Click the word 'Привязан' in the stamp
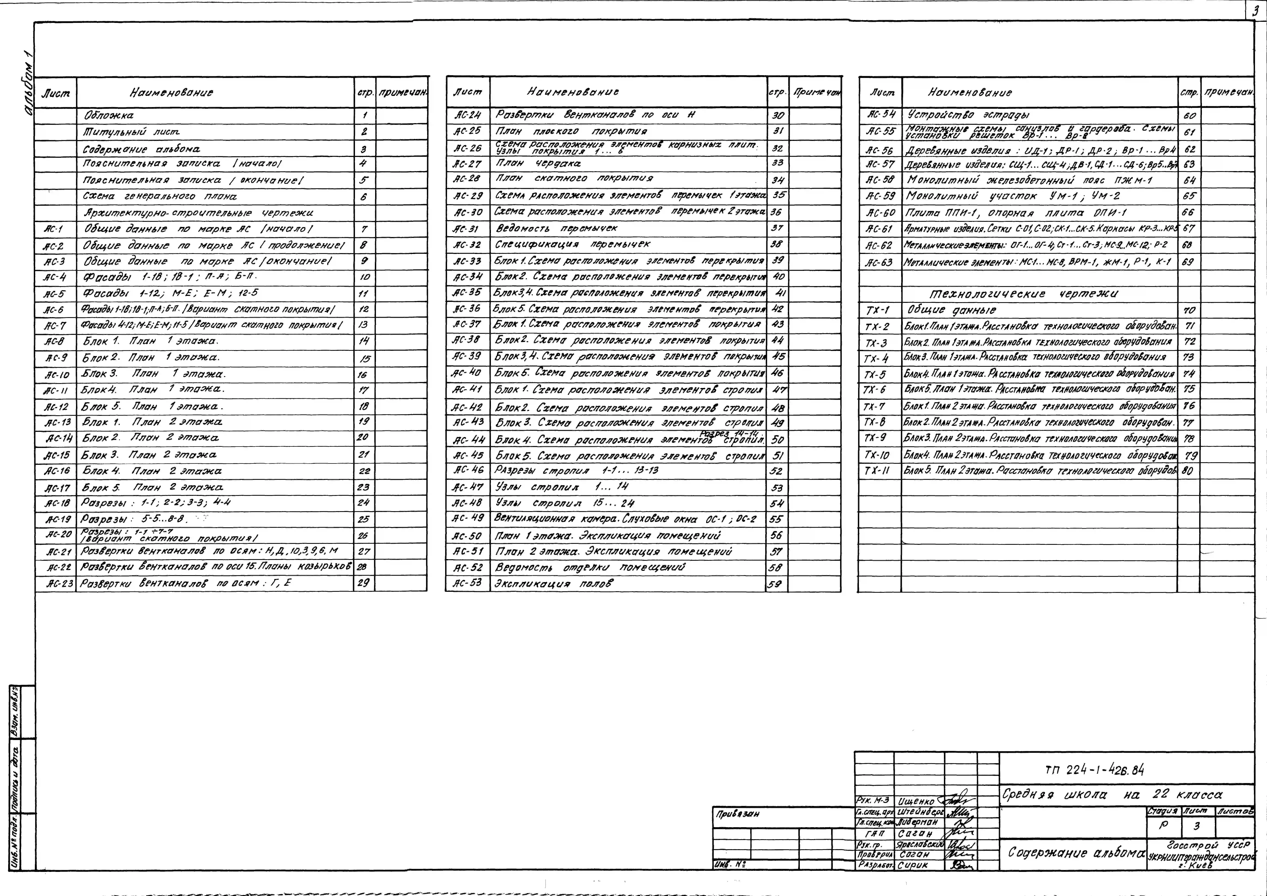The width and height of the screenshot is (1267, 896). [738, 814]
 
